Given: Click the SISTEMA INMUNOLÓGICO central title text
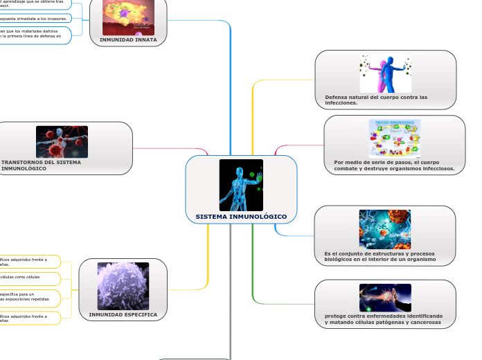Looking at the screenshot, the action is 241,217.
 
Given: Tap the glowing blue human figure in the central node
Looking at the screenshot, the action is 240,185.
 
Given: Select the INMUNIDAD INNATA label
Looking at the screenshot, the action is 128,40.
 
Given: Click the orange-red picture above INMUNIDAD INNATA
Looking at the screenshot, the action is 128,17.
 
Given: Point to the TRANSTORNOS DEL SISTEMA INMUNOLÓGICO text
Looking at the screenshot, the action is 42,165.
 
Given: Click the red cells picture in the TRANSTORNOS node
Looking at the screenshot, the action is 62,142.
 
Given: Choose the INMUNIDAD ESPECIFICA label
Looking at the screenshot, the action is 123,314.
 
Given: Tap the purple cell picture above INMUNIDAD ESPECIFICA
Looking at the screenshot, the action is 123,286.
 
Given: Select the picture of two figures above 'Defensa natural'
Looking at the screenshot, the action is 385,73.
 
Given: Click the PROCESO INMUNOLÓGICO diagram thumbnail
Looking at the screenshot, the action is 394,138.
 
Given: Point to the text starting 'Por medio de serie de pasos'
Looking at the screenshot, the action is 394,165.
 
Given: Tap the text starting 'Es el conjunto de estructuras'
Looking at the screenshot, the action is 380,256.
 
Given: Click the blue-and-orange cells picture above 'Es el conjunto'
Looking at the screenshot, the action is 384,229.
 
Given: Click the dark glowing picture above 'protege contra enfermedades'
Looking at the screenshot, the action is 385,298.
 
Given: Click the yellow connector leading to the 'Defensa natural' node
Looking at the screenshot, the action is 253,111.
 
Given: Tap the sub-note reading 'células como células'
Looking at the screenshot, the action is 21,277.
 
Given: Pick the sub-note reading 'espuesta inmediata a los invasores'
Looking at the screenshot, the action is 35,18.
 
